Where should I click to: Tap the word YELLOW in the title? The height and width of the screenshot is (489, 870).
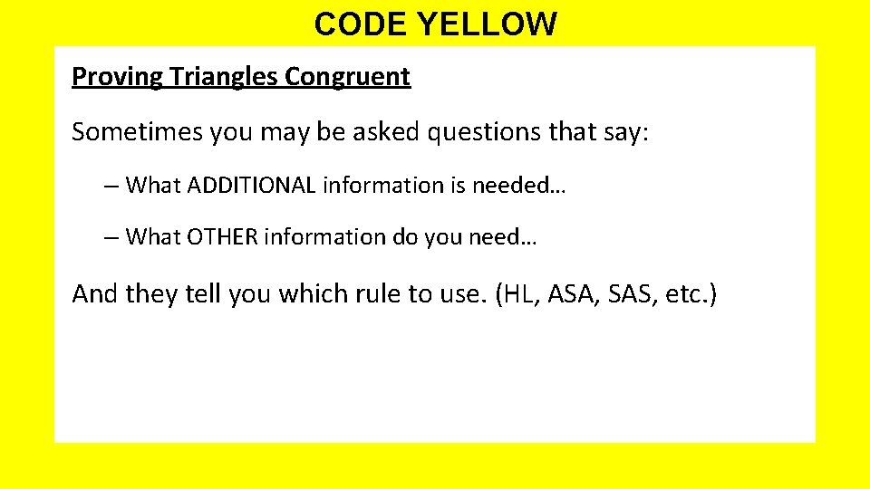[x=487, y=24]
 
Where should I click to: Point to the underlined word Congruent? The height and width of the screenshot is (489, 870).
[x=348, y=77]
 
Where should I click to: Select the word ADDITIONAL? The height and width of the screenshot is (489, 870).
[x=252, y=186]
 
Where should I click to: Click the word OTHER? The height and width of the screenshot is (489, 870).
[x=223, y=237]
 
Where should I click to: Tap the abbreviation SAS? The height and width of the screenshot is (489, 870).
[x=630, y=294]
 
